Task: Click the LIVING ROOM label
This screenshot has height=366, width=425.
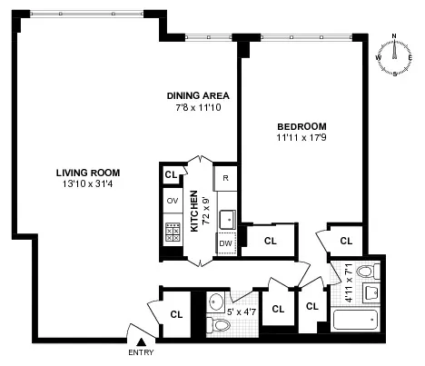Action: pyautogui.click(x=88, y=173)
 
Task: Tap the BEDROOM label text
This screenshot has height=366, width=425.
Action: pyautogui.click(x=301, y=126)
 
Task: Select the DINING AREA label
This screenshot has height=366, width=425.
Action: pyautogui.click(x=197, y=95)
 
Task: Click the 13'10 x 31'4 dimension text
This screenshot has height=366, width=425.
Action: pyautogui.click(x=88, y=185)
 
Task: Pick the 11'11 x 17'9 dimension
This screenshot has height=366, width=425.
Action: pyautogui.click(x=301, y=139)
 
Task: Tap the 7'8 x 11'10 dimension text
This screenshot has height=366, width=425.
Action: pyautogui.click(x=197, y=108)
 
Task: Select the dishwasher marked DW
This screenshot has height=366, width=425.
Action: pyautogui.click(x=224, y=243)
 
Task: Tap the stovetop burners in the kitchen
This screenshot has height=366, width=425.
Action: pyautogui.click(x=172, y=231)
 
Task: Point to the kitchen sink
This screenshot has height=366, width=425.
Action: pyautogui.click(x=225, y=217)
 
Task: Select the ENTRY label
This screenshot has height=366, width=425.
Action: pyautogui.click(x=141, y=352)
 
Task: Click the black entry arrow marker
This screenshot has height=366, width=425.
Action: pyautogui.click(x=140, y=340)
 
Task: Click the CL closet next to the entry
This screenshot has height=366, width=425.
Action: pyautogui.click(x=177, y=314)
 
